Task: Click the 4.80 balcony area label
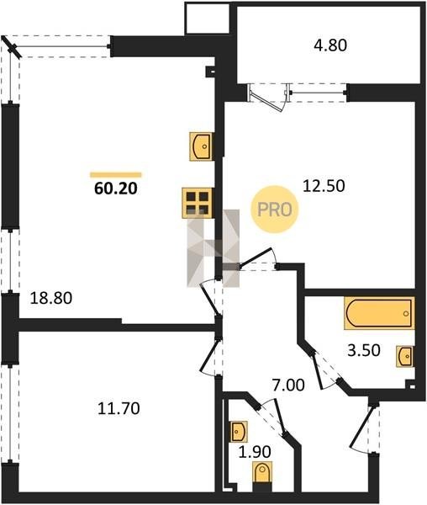(330, 45)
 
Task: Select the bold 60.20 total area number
(116, 189)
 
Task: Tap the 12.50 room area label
(324, 186)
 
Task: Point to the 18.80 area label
(50, 298)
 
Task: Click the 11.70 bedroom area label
(119, 409)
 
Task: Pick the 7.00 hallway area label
(288, 385)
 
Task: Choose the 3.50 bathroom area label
(364, 350)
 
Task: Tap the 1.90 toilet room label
(255, 452)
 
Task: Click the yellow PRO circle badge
(275, 210)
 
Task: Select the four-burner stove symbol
(198, 203)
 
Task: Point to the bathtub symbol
(379, 313)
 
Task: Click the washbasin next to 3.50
(405, 357)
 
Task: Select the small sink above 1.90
(240, 431)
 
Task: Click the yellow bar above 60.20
(116, 175)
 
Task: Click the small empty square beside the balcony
(207, 18)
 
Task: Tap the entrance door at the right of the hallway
(365, 428)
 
